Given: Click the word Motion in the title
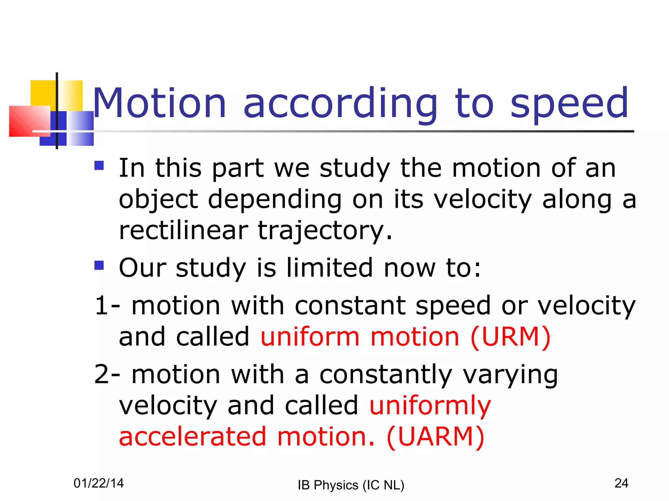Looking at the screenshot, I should tap(159, 104).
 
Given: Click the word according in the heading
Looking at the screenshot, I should tap(340, 104).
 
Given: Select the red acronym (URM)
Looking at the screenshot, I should tap(510, 337).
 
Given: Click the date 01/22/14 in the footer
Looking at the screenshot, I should tap(99, 483).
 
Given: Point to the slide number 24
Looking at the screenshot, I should tap(621, 483).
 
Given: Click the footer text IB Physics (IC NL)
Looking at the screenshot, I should tap(351, 485).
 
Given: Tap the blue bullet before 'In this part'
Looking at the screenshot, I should tap(99, 166).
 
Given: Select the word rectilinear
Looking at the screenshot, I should tap(183, 230).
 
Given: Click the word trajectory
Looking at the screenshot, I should tap(325, 230).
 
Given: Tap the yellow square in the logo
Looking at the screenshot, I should tap(42, 93).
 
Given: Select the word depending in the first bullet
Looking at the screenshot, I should tap(274, 199).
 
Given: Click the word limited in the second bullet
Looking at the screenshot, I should tap(329, 267).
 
